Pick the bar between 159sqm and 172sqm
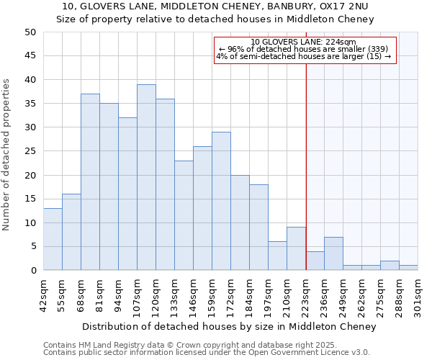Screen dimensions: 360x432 [221, 201]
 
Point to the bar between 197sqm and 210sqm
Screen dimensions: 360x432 [277, 256]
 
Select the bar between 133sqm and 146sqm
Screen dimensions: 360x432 [184, 215]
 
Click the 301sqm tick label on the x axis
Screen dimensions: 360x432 [418, 296]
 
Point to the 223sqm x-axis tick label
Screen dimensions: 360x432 [305, 296]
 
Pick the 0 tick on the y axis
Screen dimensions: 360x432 [33, 271]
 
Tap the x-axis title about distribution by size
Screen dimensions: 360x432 [229, 326]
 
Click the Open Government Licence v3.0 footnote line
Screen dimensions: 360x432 [207, 352]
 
